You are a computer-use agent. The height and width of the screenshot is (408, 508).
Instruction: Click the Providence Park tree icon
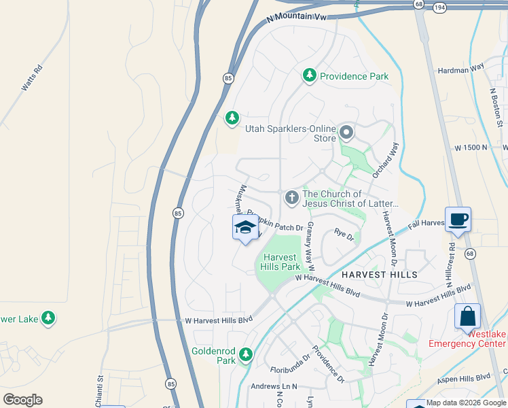click(x=310, y=75)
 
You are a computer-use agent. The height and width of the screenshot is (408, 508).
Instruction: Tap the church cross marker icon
click(x=291, y=198)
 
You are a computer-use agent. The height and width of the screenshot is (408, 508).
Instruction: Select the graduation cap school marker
click(x=245, y=228)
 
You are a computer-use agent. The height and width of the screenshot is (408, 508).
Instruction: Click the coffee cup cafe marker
click(x=458, y=220)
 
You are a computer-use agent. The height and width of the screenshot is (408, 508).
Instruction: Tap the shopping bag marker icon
click(x=467, y=316)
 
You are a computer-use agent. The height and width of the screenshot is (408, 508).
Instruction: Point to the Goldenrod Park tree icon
click(x=246, y=354)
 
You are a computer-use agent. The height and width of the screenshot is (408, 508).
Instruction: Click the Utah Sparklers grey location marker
click(x=347, y=132)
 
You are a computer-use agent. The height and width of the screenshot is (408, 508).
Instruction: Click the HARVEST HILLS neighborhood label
click(x=380, y=274)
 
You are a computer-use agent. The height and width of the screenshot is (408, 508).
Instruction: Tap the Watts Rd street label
click(x=32, y=78)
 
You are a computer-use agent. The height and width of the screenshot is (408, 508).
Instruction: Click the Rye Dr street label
click(x=344, y=235)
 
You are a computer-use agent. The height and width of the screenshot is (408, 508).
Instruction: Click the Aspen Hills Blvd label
click(x=463, y=377)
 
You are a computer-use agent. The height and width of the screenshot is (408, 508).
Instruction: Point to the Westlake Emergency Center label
click(x=468, y=338)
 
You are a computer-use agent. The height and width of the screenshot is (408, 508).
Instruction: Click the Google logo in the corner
click(x=22, y=399)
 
